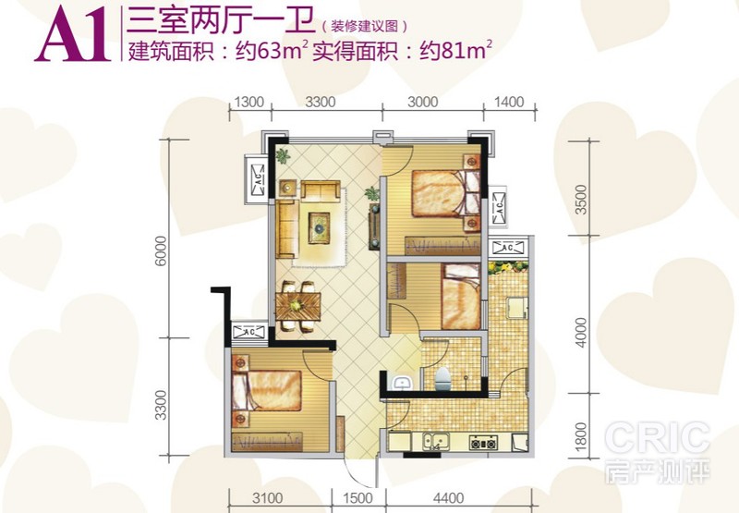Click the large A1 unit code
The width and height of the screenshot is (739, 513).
pos(73,35)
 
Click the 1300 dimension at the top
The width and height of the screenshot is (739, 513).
pos(248,102)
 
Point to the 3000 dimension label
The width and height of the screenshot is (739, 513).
pos(423,102)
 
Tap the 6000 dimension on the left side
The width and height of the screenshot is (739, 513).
pos(161,250)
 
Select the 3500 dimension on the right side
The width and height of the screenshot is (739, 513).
pos(582,200)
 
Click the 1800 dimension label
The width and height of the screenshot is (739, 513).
pos(581,436)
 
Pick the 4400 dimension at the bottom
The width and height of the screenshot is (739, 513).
pos(448,498)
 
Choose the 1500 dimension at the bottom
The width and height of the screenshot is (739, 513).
pos(357,498)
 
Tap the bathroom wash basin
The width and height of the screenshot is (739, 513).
pos(402,382)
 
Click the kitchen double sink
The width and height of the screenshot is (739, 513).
pos(435,441)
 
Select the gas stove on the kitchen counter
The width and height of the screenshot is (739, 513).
pos(483,442)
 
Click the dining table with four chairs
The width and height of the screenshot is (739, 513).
pos(297,307)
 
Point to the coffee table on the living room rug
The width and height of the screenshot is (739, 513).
pos(319,228)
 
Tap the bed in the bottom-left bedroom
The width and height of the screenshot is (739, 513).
pos(267,391)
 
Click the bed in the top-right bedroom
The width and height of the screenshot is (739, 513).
pos(445,193)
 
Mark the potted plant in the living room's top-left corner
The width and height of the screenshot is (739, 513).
pos(283,155)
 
